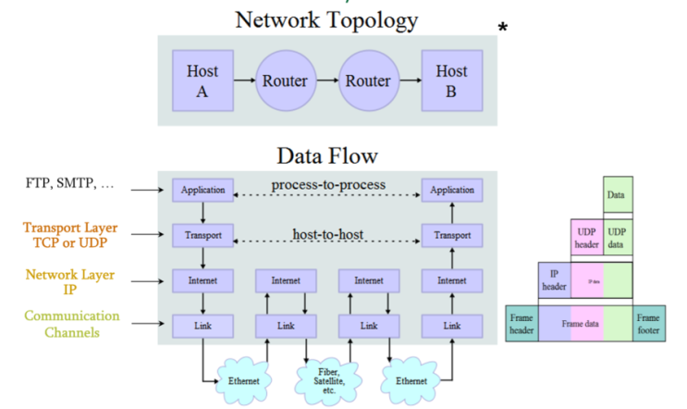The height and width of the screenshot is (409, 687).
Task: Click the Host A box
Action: coord(202,81)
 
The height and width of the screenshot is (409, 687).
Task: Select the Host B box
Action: coord(451,81)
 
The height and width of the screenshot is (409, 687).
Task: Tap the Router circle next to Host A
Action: coord(284,81)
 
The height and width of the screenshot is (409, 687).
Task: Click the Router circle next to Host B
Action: coord(367,81)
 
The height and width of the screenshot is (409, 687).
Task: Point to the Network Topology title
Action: coord(325,19)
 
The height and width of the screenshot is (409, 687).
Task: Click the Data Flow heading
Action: coord(326,155)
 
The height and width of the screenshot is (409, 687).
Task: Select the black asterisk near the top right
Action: coord(503,29)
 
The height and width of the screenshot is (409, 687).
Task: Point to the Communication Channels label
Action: coord(71,324)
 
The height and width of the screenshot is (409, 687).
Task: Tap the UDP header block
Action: coord(585,237)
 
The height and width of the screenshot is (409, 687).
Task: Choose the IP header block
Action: coord(555,279)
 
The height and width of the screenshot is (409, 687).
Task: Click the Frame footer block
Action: coord(648,324)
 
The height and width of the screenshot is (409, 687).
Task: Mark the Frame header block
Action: coord(521,324)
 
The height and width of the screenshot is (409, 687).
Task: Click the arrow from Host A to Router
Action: coord(242,81)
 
